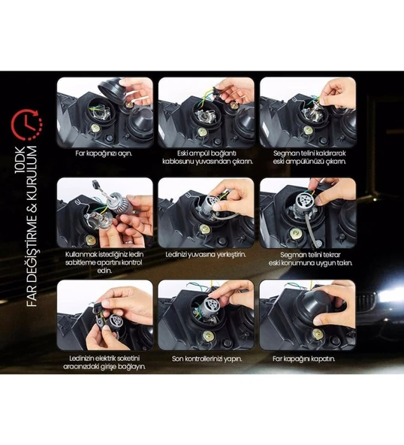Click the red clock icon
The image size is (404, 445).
(x=26, y=125)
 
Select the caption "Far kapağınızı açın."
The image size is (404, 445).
(x=104, y=153)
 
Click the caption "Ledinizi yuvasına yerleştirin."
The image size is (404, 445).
(x=206, y=255)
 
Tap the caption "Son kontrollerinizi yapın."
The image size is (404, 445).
(x=207, y=359)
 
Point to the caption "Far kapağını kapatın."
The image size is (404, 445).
(x=303, y=359)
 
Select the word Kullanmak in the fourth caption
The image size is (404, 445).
(x=80, y=254)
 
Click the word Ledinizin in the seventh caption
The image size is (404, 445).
(x=81, y=359)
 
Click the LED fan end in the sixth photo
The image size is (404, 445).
(x=303, y=198)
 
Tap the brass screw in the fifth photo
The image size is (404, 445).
(x=205, y=229)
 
